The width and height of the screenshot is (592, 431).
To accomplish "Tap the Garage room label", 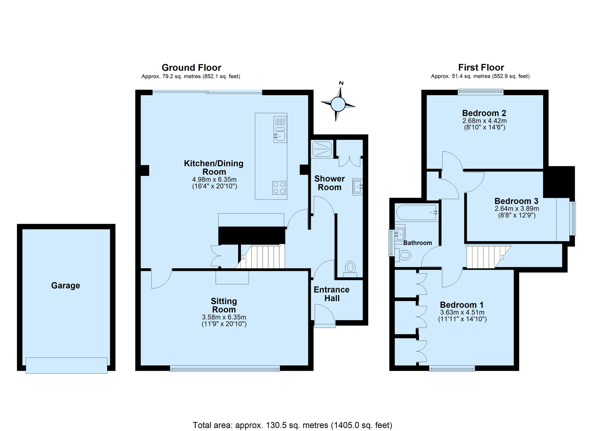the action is (65, 285).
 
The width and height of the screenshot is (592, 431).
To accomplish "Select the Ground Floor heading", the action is (191, 68).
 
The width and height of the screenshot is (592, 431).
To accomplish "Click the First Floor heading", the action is (481, 68).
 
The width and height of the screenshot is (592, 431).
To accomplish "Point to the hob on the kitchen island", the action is (279, 188).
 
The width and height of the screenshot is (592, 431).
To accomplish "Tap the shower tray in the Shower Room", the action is (322, 149).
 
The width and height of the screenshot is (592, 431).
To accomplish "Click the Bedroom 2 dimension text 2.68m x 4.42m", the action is (484, 121).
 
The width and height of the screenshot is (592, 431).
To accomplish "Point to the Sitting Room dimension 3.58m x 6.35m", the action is (224, 317).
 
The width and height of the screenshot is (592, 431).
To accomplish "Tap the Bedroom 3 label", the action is (516, 201).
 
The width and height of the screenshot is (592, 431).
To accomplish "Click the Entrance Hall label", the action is (332, 294).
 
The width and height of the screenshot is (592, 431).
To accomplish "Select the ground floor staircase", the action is (260, 257).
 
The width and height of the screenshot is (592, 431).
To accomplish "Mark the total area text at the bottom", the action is (292, 425).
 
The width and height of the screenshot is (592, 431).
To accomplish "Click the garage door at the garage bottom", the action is (67, 365).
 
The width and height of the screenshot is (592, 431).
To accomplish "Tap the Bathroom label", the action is (417, 243).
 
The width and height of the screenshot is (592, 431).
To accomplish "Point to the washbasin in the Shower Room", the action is (357, 187).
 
